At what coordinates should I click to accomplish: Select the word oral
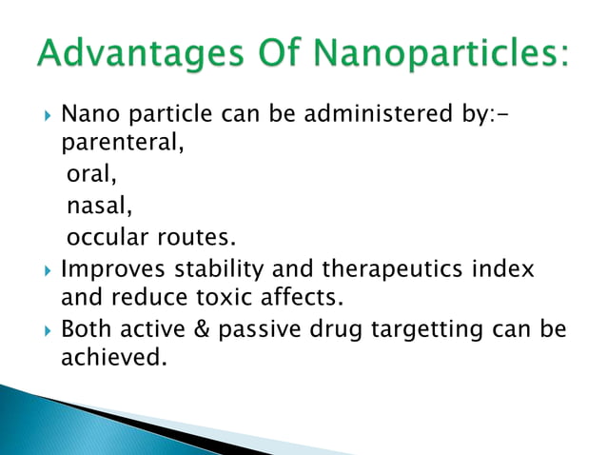[x=89, y=177]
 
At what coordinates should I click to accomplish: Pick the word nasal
[x=98, y=207]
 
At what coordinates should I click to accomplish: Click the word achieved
[x=107, y=359]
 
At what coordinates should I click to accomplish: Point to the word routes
[x=200, y=236]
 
